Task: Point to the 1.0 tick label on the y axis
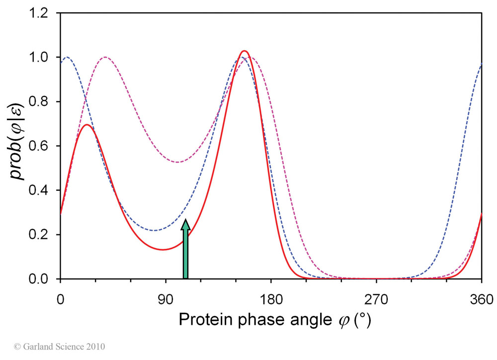(42, 58)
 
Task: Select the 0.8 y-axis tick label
(42, 102)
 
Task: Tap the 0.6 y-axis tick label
(42, 146)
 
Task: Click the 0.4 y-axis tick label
(42, 190)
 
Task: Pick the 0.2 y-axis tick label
(42, 234)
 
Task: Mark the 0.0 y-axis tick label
(42, 279)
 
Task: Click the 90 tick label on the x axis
(166, 300)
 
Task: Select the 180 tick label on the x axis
(271, 300)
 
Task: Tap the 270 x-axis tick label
(376, 300)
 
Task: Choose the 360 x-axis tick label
(482, 300)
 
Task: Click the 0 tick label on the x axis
(60, 300)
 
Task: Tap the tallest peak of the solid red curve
(244, 51)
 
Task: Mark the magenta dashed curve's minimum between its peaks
(177, 162)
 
